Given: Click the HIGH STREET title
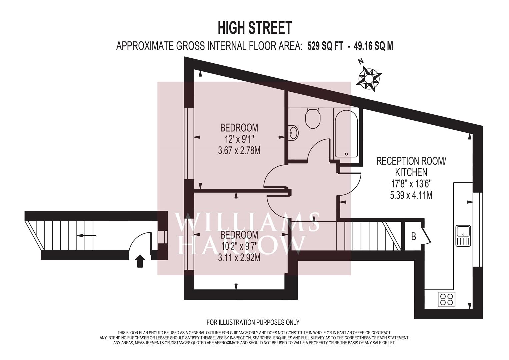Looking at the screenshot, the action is [255, 28].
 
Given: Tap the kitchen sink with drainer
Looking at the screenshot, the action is [463, 236].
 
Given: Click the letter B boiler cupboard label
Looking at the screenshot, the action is [414, 237].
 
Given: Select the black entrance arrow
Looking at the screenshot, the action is [140, 261].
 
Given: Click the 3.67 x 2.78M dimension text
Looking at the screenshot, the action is [239, 151].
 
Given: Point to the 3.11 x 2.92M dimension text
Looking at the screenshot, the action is [239, 258].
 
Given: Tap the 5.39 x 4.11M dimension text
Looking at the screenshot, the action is [411, 195].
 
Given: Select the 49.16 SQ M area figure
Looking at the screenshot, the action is [373, 46].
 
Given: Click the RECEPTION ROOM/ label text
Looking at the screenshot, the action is [411, 161].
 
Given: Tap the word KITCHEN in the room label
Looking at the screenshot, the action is [411, 173].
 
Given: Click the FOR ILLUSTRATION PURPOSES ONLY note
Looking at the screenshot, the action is [253, 322].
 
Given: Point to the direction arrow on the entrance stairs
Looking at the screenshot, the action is [86, 236].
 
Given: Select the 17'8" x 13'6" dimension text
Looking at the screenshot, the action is [411, 184].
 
